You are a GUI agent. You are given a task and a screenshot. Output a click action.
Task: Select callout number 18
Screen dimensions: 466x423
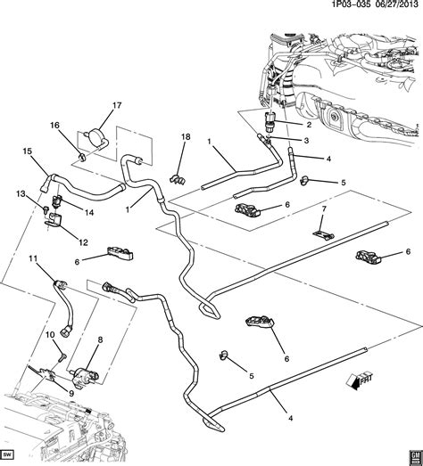click(x=186, y=136)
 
